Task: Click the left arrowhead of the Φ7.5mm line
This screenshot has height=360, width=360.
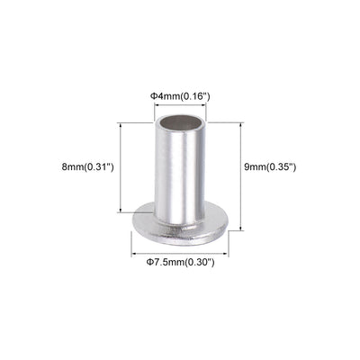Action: point(134,249)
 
